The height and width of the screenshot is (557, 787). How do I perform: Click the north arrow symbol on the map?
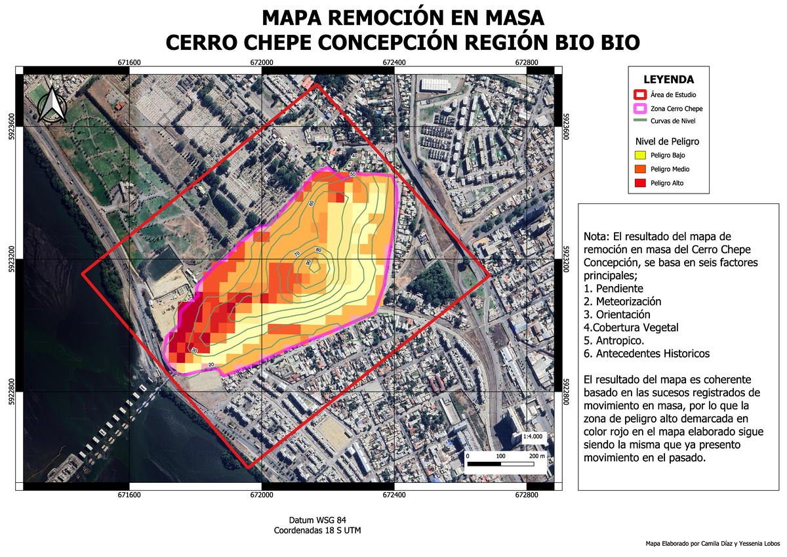tap(50, 105)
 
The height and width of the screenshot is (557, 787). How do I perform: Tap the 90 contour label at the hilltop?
tap(308, 263)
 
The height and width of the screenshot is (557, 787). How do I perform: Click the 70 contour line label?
tap(296, 254)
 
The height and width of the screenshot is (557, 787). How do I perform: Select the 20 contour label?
tap(211, 365)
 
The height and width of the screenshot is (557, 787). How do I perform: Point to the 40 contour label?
tap(355, 155)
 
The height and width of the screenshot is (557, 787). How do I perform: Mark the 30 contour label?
tap(194, 351)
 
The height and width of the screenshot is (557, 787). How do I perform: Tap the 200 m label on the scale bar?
tap(537, 455)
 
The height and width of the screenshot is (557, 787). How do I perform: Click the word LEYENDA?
tap(668, 80)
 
